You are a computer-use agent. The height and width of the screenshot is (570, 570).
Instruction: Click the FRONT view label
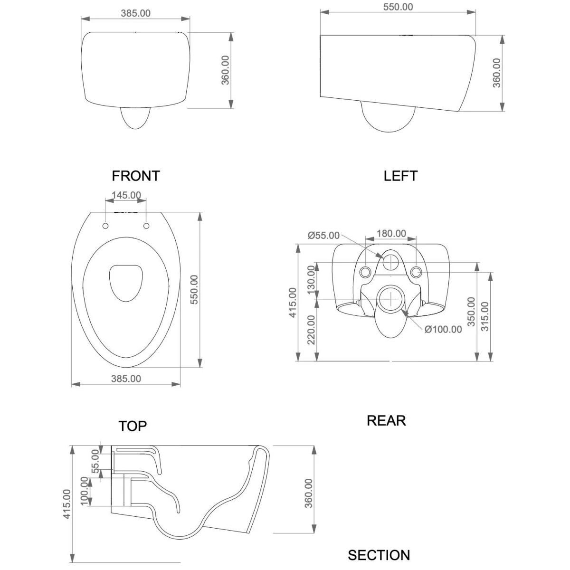coord(135,176)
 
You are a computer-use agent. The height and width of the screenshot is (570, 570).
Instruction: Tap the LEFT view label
coord(400,176)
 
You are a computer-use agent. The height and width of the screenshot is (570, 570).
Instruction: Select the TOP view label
coord(133,426)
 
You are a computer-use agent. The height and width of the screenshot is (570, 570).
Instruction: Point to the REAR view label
coord(386,420)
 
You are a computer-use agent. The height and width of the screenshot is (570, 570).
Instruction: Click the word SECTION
coord(379,555)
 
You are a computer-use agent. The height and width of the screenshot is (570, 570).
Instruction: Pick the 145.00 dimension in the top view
coord(126,195)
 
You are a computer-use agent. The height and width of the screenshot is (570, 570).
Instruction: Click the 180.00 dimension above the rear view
coord(391,234)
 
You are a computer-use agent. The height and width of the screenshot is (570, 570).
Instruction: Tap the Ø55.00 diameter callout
coord(323,236)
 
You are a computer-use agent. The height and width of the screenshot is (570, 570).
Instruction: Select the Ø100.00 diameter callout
coord(443,329)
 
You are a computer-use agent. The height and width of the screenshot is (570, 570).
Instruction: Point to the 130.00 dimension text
coord(312,280)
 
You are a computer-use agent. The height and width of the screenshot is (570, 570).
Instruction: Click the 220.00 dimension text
coord(312,330)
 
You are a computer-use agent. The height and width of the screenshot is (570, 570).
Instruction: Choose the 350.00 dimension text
coord(471,311)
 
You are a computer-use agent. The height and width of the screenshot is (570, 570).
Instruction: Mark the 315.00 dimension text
coord(485,317)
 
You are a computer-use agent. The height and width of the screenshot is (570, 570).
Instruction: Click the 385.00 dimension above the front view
coord(135,13)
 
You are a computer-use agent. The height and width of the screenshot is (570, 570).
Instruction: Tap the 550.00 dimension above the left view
coord(398,7)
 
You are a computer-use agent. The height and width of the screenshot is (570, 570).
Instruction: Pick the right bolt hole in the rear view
coord(416,272)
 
